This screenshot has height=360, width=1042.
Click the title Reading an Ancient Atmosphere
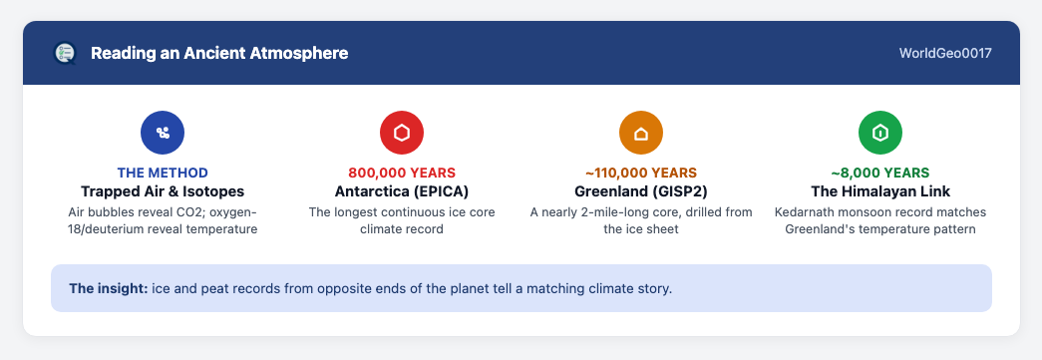219,53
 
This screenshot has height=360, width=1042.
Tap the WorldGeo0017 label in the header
945,53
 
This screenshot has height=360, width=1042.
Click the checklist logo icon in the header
65,53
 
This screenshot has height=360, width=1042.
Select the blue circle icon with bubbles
163,133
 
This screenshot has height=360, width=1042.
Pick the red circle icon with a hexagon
402,133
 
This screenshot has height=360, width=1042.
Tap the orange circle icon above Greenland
640,133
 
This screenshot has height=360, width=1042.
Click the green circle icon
879,133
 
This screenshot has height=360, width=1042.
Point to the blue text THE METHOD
163,174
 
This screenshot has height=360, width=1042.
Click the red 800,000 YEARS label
402,174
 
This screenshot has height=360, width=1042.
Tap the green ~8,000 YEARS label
879,174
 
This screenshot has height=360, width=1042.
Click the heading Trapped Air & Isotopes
163,191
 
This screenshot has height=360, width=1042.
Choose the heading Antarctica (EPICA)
402,191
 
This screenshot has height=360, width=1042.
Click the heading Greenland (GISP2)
640,191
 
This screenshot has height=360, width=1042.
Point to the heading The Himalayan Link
879,191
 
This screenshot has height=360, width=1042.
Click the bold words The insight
109,289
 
